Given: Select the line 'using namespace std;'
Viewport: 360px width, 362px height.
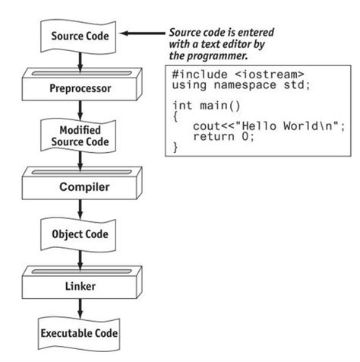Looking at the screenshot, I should point(231,87).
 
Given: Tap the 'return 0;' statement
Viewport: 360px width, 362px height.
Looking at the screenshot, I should point(221,137).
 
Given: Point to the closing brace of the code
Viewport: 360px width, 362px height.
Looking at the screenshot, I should point(176,148).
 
